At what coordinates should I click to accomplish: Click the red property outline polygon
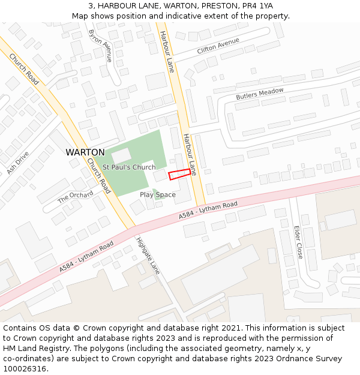(180, 174)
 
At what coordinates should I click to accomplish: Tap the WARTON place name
(85, 152)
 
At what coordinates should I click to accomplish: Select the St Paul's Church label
(128, 167)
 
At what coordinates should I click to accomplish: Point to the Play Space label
(158, 194)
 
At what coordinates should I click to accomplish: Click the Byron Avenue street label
(100, 46)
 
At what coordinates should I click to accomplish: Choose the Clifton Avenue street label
(218, 46)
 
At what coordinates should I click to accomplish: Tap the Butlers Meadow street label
(259, 94)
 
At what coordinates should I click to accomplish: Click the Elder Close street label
(298, 242)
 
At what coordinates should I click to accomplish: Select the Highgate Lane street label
(147, 256)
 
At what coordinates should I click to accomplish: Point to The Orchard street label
(76, 197)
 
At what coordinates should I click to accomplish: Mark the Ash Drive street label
(18, 163)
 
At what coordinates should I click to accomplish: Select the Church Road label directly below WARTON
(98, 175)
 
